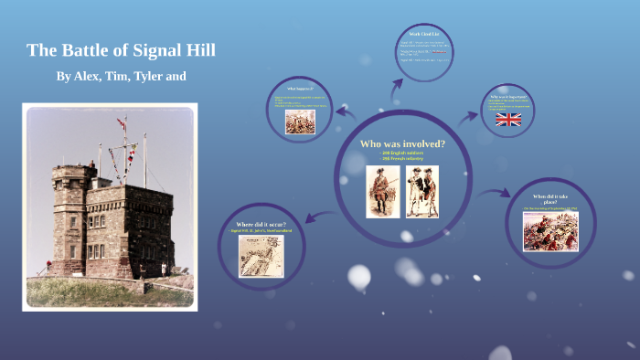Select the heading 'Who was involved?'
pos(402,143)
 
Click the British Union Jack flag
pos(508,120)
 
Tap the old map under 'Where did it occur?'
pos(261,256)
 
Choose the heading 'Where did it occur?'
pos(261,224)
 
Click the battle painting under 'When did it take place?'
pos(549,231)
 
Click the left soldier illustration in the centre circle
pos(380,191)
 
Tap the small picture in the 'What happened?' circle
pos(298,123)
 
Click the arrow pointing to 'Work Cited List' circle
pos(398,89)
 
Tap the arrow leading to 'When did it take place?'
pos(496,192)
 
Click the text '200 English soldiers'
pos(402,154)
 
